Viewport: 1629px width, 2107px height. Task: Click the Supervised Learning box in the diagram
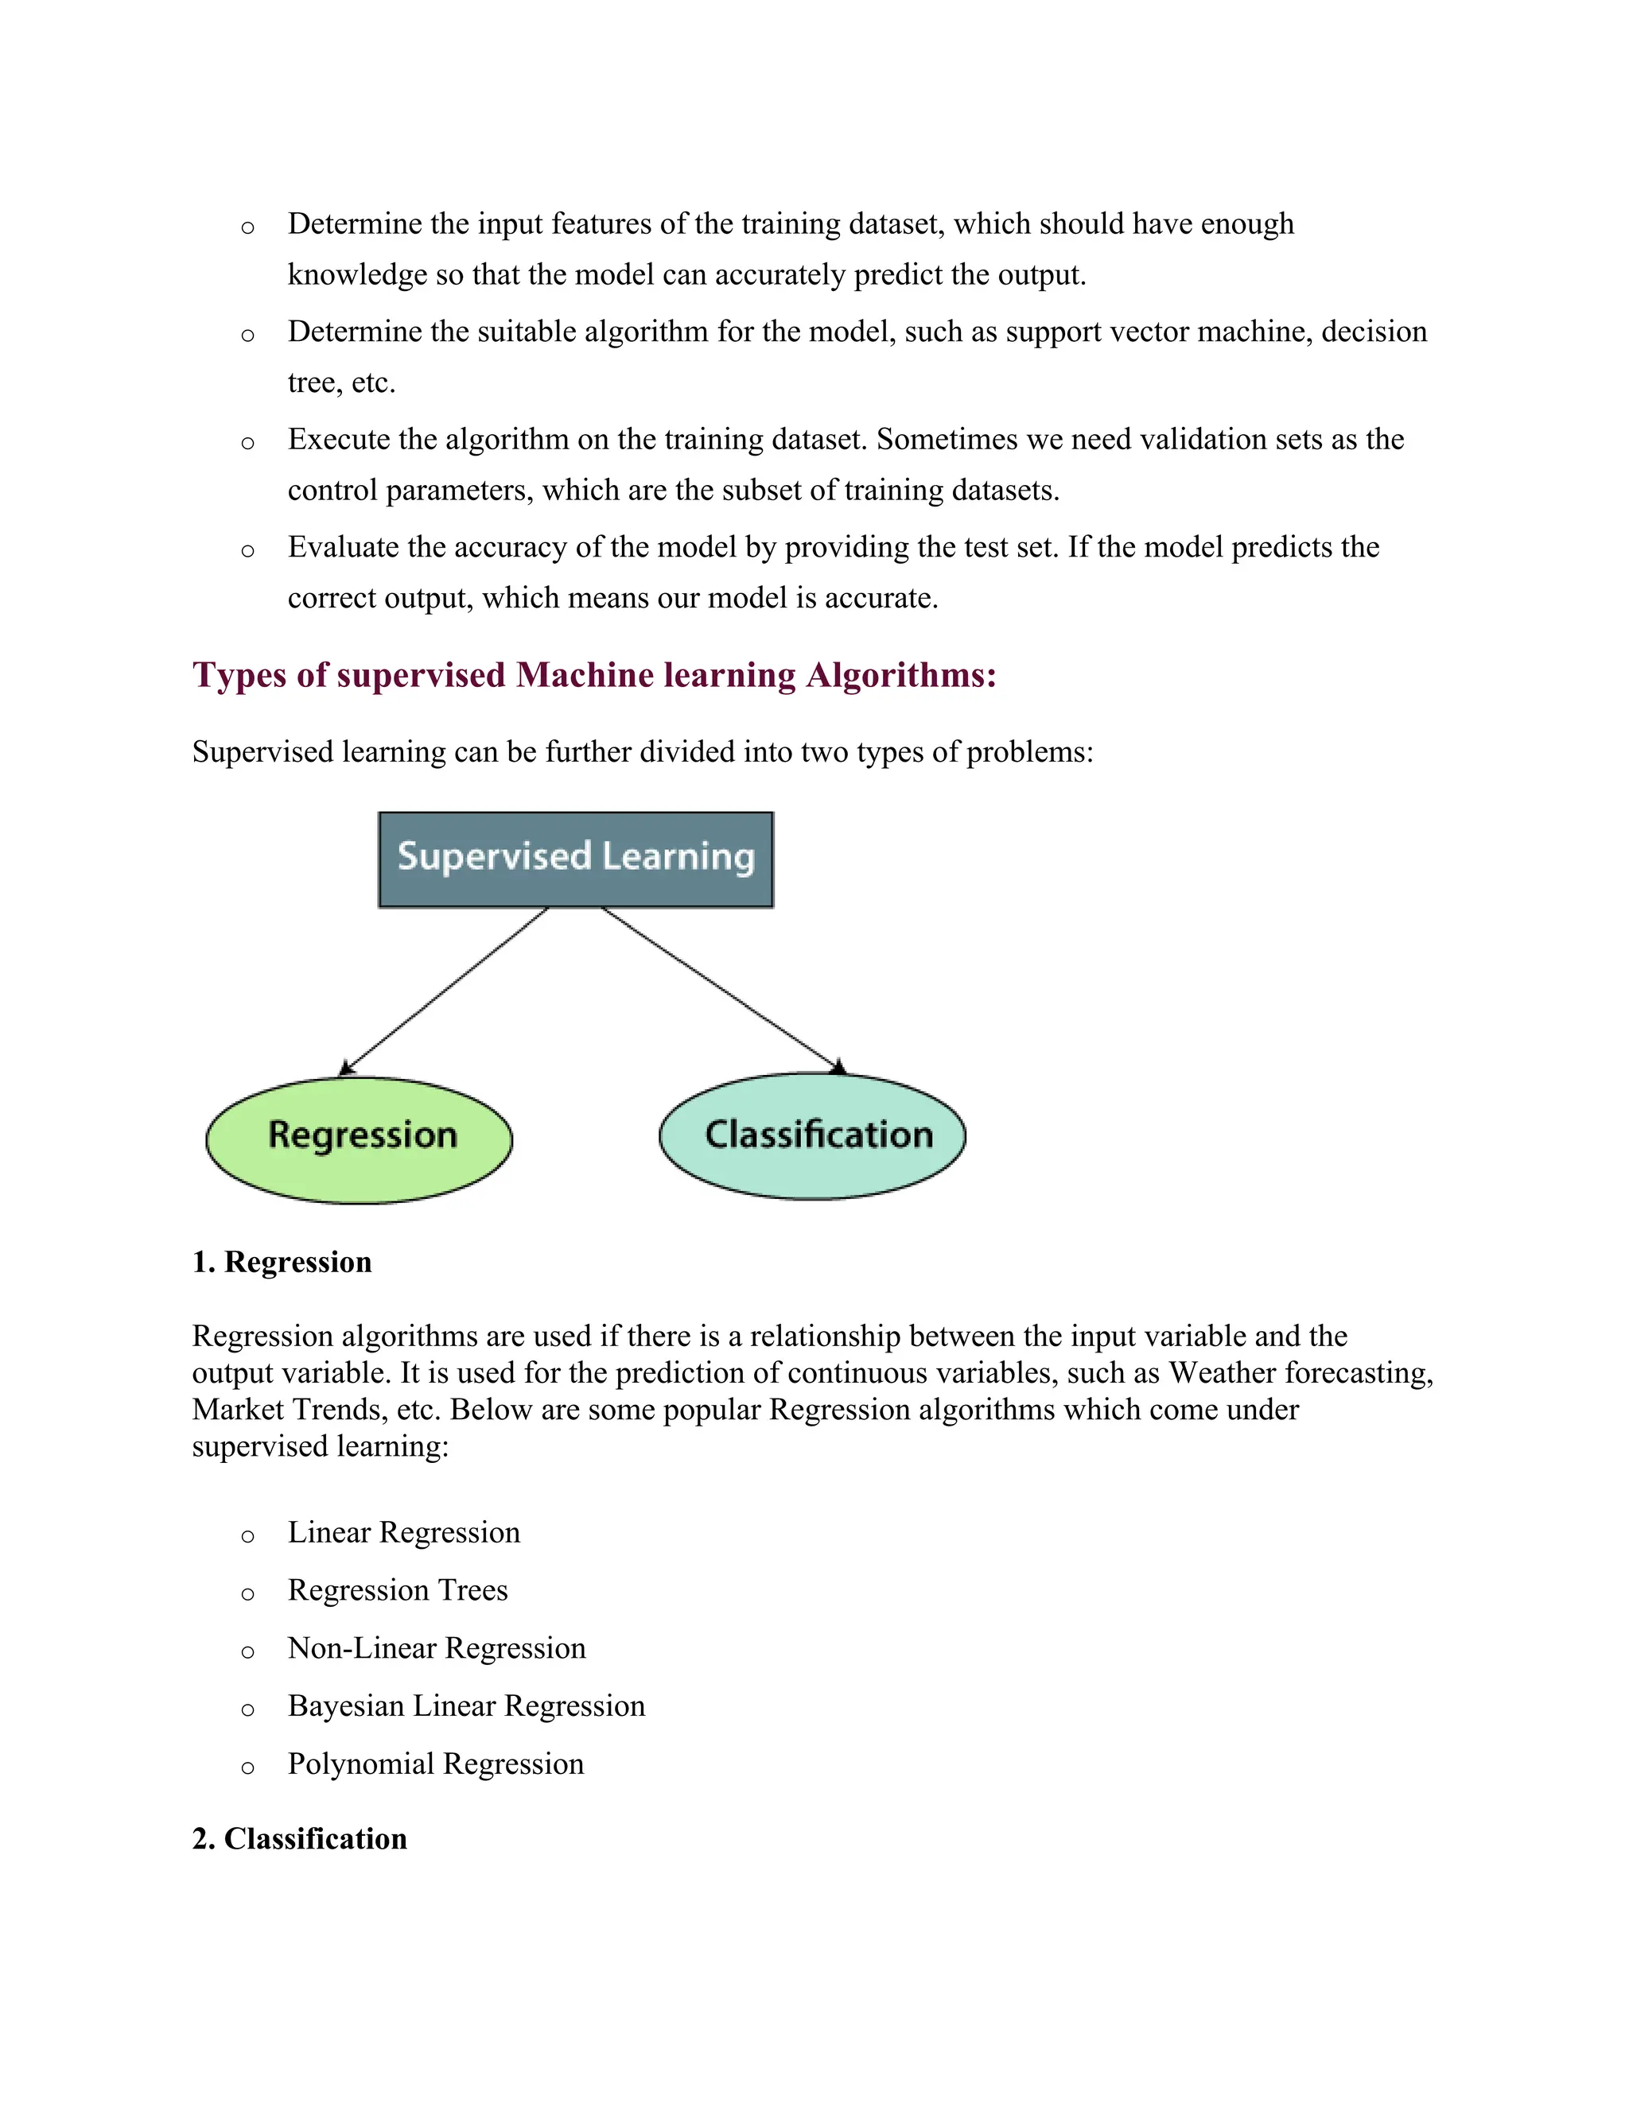(x=575, y=859)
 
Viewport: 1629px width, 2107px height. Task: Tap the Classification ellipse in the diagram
(x=813, y=1135)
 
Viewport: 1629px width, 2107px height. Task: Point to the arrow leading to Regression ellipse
(x=445, y=990)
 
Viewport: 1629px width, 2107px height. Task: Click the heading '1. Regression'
(x=282, y=1262)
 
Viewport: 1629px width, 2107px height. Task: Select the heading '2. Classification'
(x=299, y=1839)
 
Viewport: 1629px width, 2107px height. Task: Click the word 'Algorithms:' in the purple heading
(x=900, y=675)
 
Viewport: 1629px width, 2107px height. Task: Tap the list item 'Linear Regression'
(x=403, y=1533)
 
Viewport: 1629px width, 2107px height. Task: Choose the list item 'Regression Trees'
(x=398, y=1591)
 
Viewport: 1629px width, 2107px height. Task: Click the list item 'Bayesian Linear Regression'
(x=466, y=1706)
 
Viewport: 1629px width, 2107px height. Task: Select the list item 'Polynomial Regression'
(x=435, y=1764)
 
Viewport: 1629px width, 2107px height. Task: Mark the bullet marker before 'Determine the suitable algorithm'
(x=248, y=336)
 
